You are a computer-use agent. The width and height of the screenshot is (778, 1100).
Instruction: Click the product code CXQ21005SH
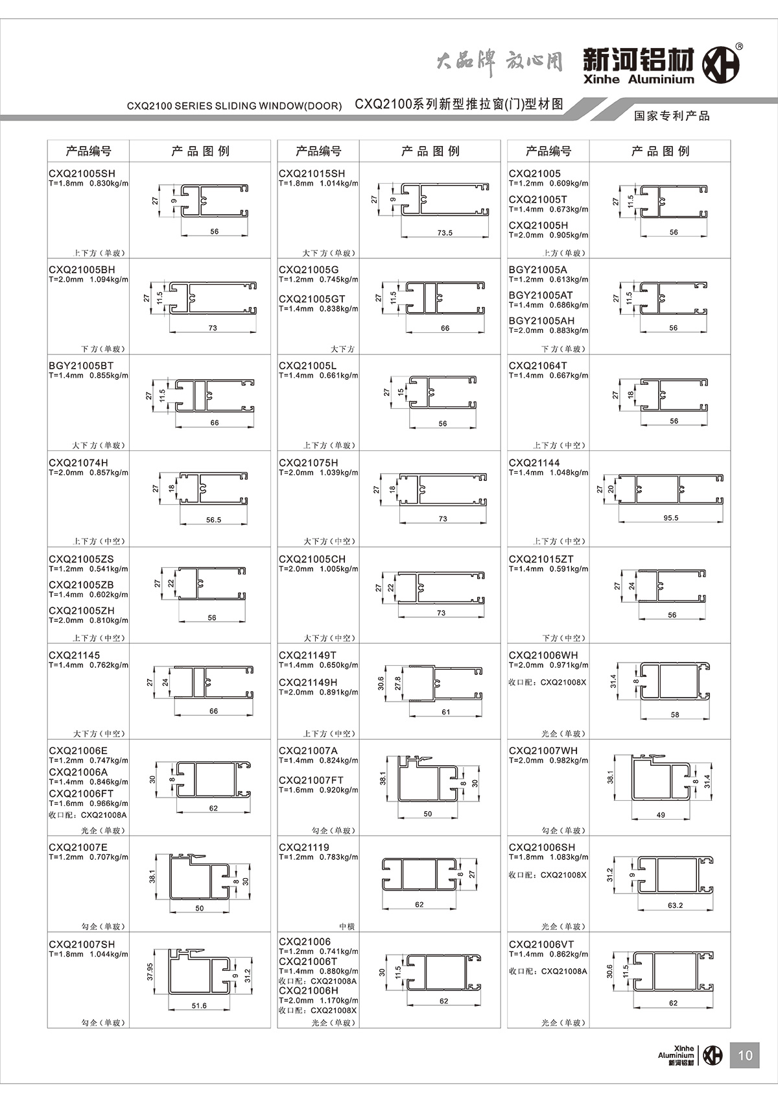click(x=82, y=173)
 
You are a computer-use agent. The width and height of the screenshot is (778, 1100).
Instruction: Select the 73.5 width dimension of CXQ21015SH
click(x=445, y=232)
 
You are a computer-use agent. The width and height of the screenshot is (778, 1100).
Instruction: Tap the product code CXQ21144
click(x=534, y=463)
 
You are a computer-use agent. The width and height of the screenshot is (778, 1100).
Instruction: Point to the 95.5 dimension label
click(x=671, y=518)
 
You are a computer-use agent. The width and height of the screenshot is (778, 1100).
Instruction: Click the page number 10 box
click(x=745, y=1055)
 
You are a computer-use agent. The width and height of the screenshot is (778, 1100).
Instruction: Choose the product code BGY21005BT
click(x=81, y=365)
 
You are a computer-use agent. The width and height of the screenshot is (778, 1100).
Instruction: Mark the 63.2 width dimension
click(x=675, y=905)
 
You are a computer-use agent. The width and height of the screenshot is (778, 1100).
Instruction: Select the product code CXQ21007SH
click(x=82, y=944)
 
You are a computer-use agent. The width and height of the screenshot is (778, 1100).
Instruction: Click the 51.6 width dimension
click(x=199, y=1005)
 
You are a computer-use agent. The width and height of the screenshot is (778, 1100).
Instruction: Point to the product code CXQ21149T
click(x=308, y=655)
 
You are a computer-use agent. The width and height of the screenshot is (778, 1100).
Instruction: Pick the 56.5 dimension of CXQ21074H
click(x=213, y=519)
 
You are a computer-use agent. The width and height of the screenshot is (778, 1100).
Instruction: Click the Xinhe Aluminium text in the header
click(x=638, y=79)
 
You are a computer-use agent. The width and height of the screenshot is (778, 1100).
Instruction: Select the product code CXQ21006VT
click(x=541, y=944)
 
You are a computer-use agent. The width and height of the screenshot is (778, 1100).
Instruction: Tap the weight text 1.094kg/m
click(x=109, y=280)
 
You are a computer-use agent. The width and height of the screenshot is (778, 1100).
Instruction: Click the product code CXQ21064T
click(x=537, y=365)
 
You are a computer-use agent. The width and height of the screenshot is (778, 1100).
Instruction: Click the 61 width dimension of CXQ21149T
click(x=446, y=712)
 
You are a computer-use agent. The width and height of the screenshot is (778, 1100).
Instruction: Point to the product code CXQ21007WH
click(x=543, y=750)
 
